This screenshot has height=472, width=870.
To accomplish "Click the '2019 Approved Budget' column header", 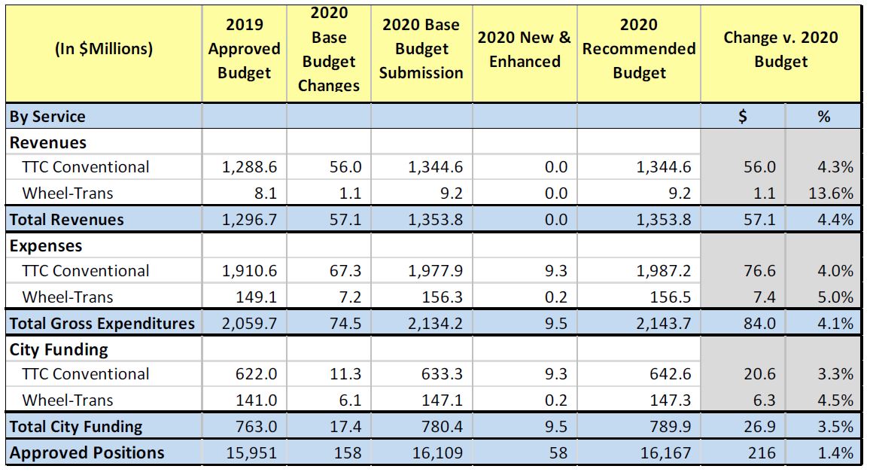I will [244, 49].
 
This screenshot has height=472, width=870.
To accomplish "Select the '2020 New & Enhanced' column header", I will [525, 49].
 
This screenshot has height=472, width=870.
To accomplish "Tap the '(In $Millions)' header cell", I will [104, 49].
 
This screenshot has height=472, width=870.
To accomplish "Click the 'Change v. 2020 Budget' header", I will [780, 49].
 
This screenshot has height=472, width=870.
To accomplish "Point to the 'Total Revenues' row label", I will [67, 220].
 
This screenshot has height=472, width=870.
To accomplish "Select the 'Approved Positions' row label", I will [87, 453].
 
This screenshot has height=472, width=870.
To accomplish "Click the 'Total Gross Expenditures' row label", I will [102, 324].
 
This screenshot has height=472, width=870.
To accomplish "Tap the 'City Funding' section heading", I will [59, 350].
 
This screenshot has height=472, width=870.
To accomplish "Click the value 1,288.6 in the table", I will [249, 167].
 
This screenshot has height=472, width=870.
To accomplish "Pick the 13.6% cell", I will [832, 193].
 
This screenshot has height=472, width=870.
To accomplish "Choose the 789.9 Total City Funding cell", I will [669, 427].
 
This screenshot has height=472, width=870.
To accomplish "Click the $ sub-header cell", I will [743, 117].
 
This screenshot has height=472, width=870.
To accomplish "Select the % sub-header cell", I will [823, 117].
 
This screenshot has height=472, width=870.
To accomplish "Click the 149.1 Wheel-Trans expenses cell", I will [256, 297].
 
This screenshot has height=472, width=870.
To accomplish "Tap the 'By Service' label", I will [47, 117].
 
